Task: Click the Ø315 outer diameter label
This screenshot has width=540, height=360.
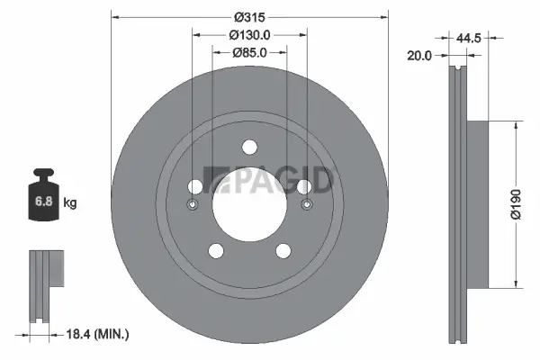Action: tap(249, 16)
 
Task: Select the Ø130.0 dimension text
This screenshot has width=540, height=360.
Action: tap(249, 34)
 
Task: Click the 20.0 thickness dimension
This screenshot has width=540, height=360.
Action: tap(420, 55)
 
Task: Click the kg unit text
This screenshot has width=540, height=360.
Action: tap(69, 203)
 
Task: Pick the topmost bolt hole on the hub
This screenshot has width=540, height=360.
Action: tap(249, 148)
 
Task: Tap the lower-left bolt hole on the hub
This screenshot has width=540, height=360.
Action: tap(215, 251)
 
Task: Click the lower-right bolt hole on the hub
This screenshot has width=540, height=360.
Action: tap(283, 251)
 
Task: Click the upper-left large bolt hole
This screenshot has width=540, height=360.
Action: tap(195, 186)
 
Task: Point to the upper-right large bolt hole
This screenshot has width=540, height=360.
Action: tap(303, 186)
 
